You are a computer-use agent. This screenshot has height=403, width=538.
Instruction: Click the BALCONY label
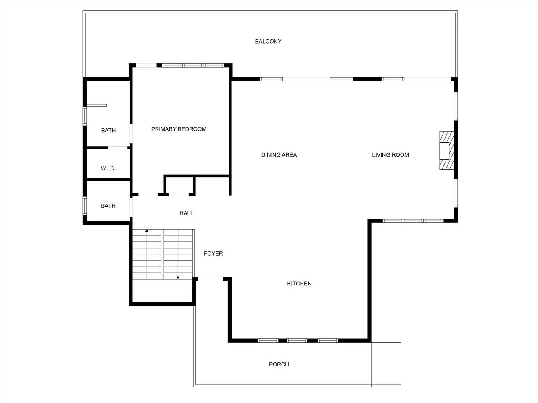coord(268,42)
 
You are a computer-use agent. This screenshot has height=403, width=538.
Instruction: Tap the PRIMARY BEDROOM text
coord(179,129)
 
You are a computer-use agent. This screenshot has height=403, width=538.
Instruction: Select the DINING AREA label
coord(279,155)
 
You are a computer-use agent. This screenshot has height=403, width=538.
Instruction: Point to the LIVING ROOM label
coord(390,155)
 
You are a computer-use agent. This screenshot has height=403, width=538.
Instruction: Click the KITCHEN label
coord(299,284)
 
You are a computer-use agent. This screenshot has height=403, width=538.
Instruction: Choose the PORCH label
coord(279,364)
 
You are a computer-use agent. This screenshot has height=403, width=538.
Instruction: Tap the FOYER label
coord(213,254)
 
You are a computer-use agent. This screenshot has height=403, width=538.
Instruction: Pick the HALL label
coord(186,213)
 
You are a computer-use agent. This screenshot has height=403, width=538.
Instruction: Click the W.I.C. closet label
coord(108,169)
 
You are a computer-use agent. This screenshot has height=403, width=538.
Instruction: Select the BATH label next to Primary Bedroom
coord(108,131)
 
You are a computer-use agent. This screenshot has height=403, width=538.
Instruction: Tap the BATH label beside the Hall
coord(108,206)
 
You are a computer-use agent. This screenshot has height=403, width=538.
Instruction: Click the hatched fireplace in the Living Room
coord(446,150)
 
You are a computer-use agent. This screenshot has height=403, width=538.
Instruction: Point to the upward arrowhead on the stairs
coord(147,231)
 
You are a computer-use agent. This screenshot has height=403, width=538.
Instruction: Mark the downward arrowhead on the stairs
coord(178,277)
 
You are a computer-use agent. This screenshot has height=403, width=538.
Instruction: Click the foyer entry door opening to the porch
coord(211,277)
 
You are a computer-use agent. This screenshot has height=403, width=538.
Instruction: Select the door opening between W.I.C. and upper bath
coord(118,147)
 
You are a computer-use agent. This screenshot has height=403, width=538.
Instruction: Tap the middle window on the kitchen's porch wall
coord(297,340)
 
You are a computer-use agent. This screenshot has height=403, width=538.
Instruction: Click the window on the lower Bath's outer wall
coord(84,206)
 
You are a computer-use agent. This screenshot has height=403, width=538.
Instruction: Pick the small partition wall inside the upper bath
coord(97,105)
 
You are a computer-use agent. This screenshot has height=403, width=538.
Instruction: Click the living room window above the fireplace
coord(456,107)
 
